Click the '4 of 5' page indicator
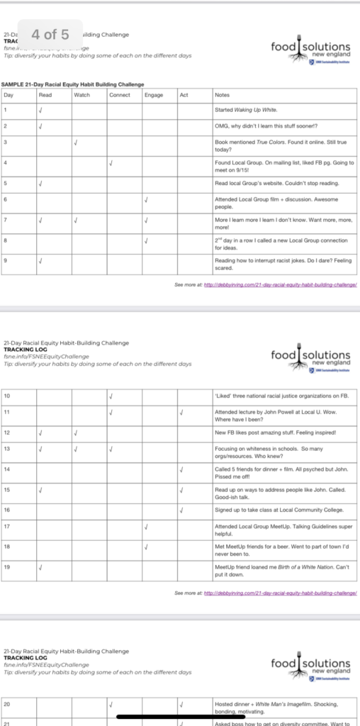(x=50, y=34)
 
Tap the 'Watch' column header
(x=81, y=94)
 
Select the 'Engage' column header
(x=153, y=94)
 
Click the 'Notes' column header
(x=222, y=94)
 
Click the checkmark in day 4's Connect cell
(x=111, y=164)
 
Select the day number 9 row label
(x=6, y=260)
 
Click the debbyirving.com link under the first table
(x=279, y=284)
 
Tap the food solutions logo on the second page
(x=310, y=359)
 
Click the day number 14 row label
(x=7, y=469)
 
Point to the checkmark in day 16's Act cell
(x=182, y=509)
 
